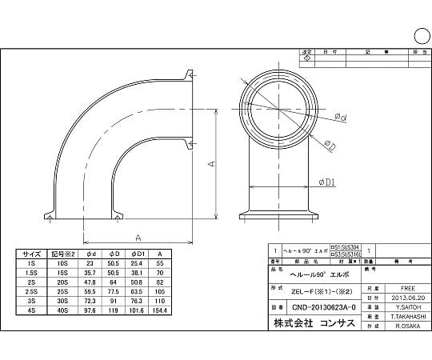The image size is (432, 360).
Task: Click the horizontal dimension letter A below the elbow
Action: (x=139, y=238)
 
